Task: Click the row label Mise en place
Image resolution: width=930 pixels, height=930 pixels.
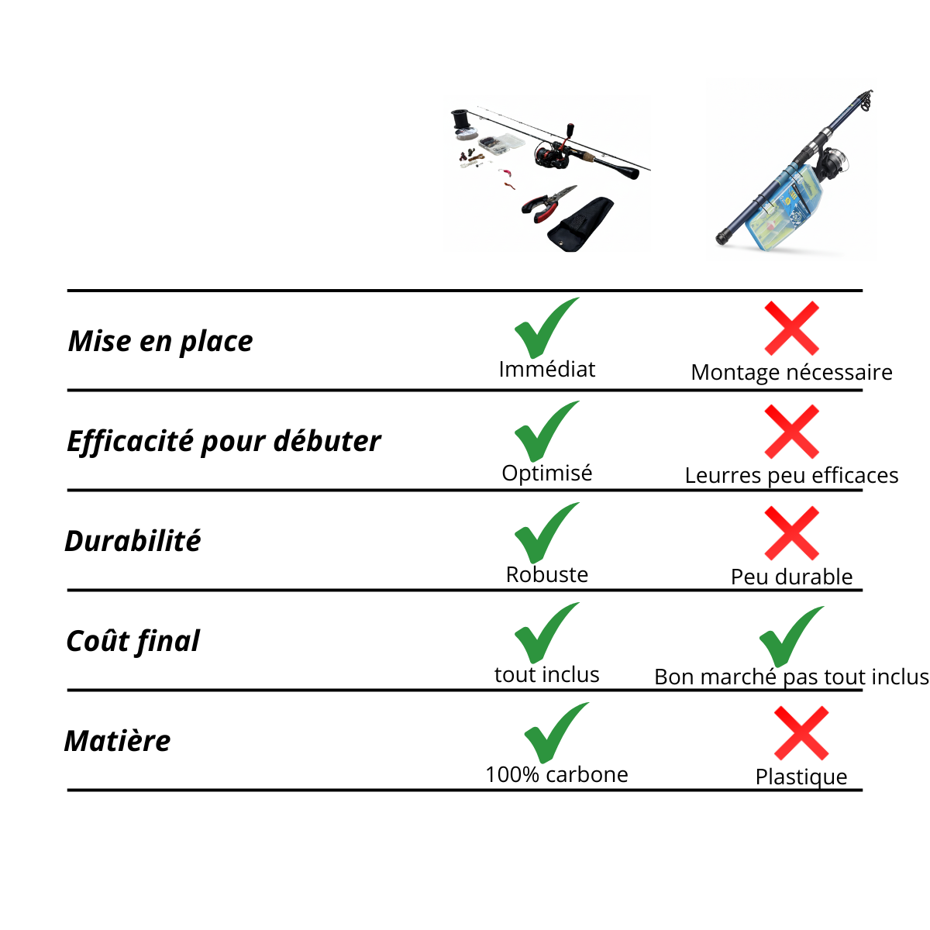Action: tap(160, 343)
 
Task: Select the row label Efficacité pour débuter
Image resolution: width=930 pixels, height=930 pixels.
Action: tap(224, 442)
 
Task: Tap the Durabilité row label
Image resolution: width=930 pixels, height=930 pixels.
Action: tap(133, 541)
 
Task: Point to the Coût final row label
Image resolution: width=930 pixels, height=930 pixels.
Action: tap(133, 642)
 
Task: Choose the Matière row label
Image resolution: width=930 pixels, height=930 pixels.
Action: tap(117, 741)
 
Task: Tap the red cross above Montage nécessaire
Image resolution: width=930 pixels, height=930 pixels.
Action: tap(791, 328)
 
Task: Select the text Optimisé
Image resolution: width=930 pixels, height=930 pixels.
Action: tap(547, 473)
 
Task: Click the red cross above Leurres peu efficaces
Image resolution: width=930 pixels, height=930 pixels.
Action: tap(791, 432)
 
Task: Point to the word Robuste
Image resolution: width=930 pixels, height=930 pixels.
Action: tap(547, 574)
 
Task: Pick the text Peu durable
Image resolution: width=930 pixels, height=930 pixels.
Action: tap(791, 577)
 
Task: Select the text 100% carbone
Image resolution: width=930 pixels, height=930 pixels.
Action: tap(556, 774)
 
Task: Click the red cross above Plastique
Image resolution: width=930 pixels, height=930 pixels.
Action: tap(801, 733)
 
